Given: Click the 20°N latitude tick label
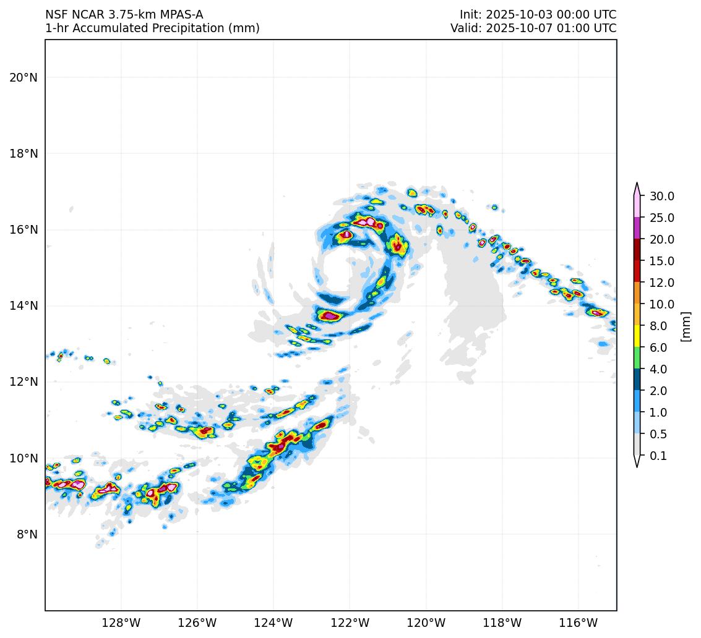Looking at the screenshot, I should (x=24, y=77).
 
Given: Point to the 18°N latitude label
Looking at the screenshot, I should (x=24, y=153).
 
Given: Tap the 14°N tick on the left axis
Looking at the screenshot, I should (x=24, y=305).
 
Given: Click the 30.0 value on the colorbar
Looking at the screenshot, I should (x=661, y=196).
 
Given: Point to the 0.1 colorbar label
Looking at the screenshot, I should (x=658, y=456).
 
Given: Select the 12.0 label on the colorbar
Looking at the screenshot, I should (x=661, y=283).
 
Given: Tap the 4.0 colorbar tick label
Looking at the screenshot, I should (x=658, y=369).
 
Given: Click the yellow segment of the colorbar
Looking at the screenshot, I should (x=637, y=336).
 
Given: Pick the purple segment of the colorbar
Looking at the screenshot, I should (x=637, y=228).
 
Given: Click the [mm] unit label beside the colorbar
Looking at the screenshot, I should (x=685, y=326).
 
